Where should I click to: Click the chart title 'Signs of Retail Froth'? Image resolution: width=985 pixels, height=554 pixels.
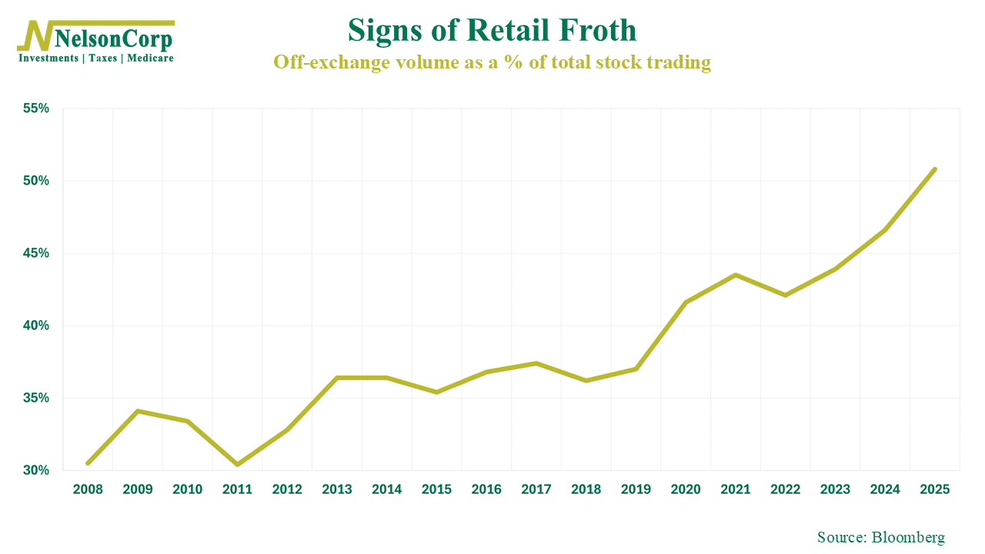pos(492,31)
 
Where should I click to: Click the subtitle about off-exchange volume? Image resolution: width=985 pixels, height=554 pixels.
pos(492,63)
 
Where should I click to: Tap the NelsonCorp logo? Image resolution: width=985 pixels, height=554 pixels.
pos(96,40)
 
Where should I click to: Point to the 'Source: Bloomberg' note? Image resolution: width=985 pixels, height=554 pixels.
pos(880,537)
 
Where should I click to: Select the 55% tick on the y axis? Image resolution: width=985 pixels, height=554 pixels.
pos(36,108)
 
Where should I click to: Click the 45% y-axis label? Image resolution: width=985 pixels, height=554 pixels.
pos(36,253)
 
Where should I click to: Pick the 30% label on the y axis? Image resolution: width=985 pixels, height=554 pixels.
pos(36,470)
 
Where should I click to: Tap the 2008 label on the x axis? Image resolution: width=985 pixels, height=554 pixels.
pos(88,489)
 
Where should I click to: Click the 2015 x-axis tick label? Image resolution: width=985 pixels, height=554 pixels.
pos(436,489)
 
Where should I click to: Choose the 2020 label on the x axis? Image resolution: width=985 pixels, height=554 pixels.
pos(686,489)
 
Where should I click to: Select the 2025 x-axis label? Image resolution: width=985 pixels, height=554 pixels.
pos(934,489)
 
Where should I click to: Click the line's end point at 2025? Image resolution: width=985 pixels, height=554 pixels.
pos(934,169)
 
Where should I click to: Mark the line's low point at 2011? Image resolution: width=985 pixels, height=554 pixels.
pos(237,464)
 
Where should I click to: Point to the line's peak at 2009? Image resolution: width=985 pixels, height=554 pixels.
pos(138,411)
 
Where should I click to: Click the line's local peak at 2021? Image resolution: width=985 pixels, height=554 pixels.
pos(736,275)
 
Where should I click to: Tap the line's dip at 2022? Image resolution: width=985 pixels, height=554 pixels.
pos(785,295)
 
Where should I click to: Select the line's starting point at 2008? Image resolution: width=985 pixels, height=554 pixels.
pos(88,463)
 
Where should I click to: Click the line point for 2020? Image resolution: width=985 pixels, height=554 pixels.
pos(686,302)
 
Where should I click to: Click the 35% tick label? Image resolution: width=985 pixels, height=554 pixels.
pos(36,398)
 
